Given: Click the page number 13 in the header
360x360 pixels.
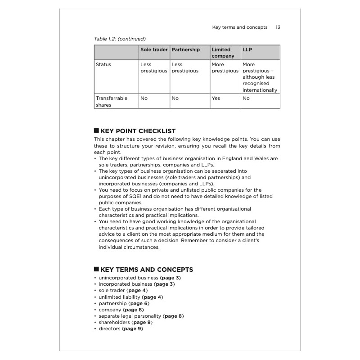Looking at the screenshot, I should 278,27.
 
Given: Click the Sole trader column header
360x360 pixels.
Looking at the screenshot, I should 154,50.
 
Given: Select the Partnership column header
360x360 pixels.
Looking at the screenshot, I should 185,50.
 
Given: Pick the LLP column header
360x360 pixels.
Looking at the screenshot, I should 247,50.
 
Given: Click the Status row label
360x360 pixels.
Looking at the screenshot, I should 103,64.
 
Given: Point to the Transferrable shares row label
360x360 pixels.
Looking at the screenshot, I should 111,101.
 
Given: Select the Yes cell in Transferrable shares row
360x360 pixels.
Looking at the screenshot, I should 216,98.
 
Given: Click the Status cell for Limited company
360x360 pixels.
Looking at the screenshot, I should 225,67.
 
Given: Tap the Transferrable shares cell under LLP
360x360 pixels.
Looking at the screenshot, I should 246,98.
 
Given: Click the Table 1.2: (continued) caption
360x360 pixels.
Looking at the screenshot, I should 120,39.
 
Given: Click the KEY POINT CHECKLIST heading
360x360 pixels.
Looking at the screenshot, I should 138,131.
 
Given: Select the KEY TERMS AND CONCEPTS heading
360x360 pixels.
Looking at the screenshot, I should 147,270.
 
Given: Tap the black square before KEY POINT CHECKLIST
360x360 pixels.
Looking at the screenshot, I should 96,131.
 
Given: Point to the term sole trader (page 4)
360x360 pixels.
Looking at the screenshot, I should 123,291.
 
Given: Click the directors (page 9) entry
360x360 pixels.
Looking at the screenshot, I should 121,328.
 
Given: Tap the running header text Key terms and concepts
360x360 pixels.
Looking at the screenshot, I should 239,27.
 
